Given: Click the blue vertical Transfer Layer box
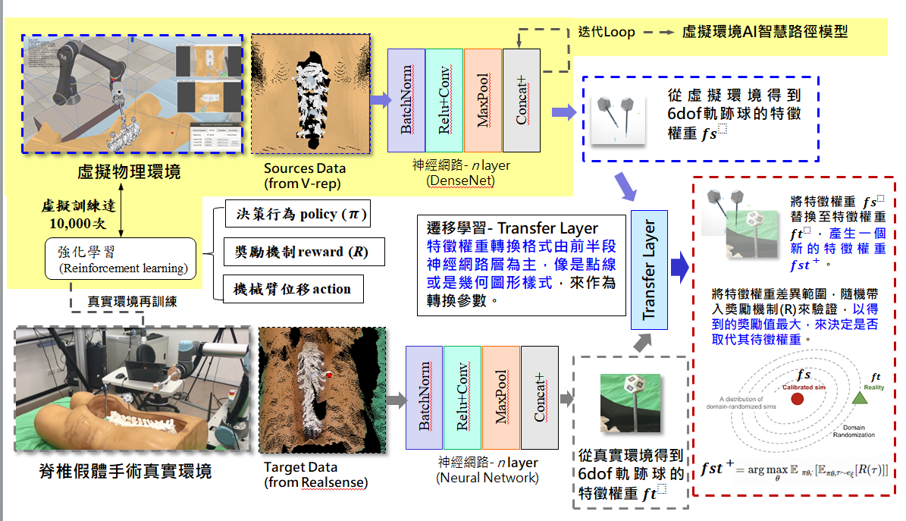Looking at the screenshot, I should coord(649,270).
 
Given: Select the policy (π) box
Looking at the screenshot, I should coord(297,215).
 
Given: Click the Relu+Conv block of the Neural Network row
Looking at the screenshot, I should coord(462,399).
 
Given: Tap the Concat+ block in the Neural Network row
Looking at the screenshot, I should coord(539,399).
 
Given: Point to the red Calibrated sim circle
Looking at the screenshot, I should coord(797,400).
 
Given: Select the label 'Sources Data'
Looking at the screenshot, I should coord(305,168).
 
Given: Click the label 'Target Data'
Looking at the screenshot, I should coord(300,467).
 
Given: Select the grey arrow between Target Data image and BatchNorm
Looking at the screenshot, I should coord(395,399).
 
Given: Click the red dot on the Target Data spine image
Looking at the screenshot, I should coord(330,375).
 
